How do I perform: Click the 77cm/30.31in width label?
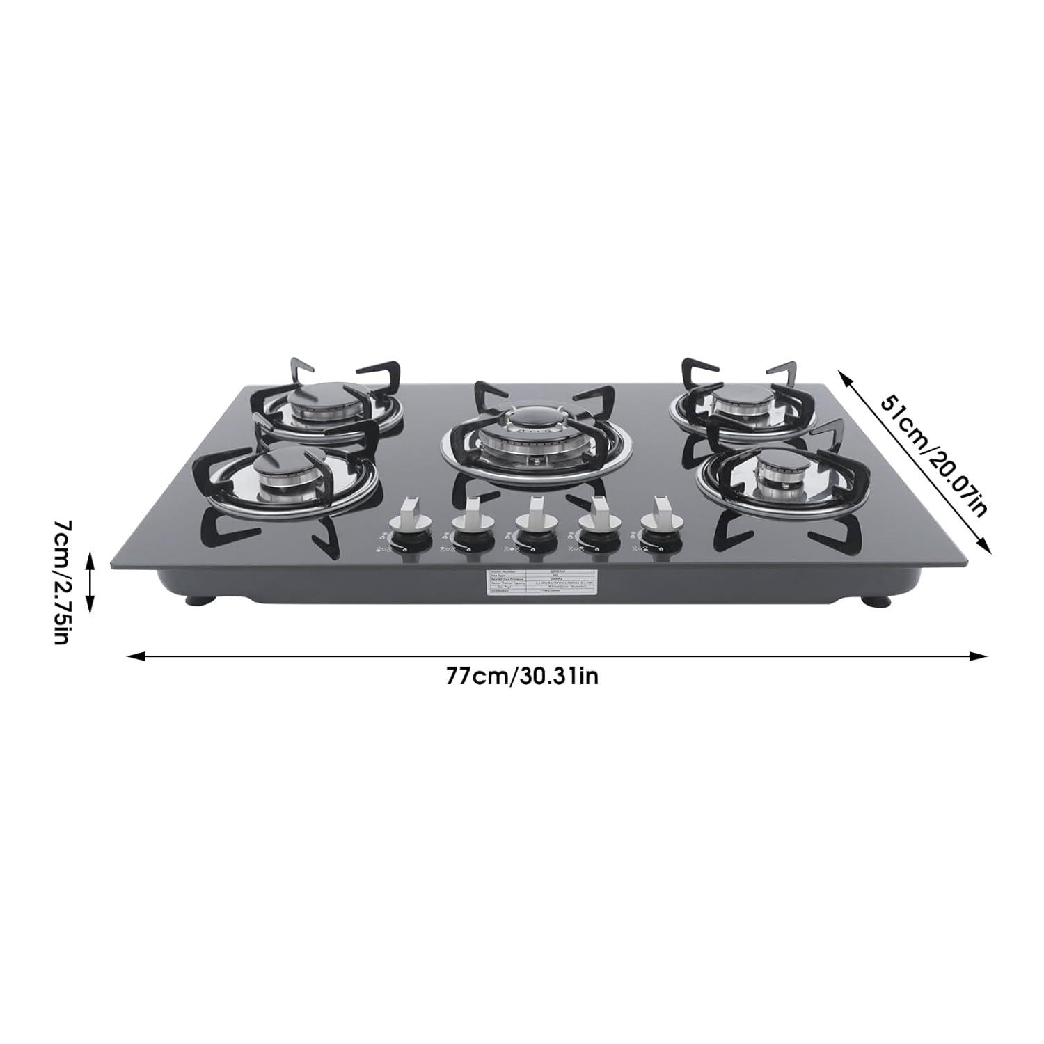point(522,677)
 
